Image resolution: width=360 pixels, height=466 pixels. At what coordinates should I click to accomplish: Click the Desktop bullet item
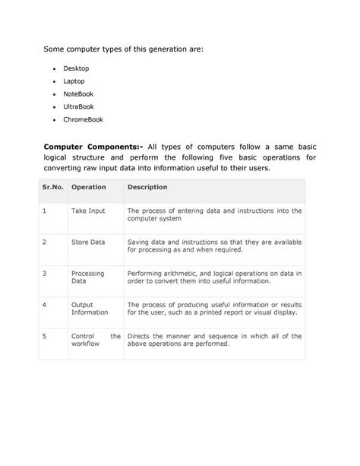(x=75, y=68)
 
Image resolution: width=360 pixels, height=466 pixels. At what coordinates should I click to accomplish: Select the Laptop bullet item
(x=74, y=81)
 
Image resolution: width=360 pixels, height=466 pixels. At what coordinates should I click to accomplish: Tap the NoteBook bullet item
(x=77, y=94)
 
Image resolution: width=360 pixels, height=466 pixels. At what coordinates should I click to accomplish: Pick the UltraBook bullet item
(x=78, y=107)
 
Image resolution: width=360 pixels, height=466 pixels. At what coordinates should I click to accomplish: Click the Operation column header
(x=88, y=186)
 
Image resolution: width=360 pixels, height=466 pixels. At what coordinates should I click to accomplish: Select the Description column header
(x=147, y=186)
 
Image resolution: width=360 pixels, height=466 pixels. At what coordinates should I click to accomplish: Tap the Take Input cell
(x=88, y=211)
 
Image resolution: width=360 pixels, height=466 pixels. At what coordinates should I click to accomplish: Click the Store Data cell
(x=88, y=242)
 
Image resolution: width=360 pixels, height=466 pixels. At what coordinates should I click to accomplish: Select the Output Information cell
(x=89, y=308)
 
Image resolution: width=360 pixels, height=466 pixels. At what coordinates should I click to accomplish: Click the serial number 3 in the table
(x=45, y=272)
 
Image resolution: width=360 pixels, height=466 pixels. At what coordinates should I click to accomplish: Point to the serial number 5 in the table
(x=45, y=335)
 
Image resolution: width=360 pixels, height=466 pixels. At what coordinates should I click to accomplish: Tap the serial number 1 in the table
(x=45, y=211)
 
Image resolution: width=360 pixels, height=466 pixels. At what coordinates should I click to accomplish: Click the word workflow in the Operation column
(x=86, y=343)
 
